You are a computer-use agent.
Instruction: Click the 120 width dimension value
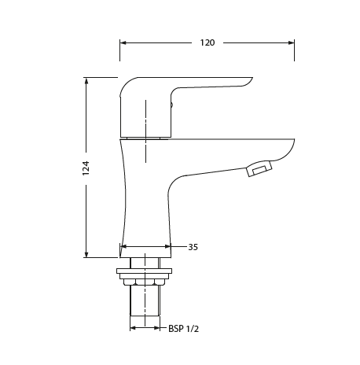click(208, 42)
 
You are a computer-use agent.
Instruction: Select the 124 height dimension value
click(86, 167)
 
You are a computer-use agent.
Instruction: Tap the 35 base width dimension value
click(193, 247)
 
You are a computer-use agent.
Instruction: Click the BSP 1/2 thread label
click(183, 329)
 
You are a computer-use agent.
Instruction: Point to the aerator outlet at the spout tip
click(259, 168)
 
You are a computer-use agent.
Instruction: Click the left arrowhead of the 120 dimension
click(123, 42)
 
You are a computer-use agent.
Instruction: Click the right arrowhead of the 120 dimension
click(291, 42)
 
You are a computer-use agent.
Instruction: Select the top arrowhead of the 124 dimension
click(86, 81)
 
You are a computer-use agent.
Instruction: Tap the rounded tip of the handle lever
click(249, 80)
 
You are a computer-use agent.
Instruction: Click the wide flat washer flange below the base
click(144, 273)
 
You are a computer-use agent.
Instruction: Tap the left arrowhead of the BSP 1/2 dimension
click(133, 328)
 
